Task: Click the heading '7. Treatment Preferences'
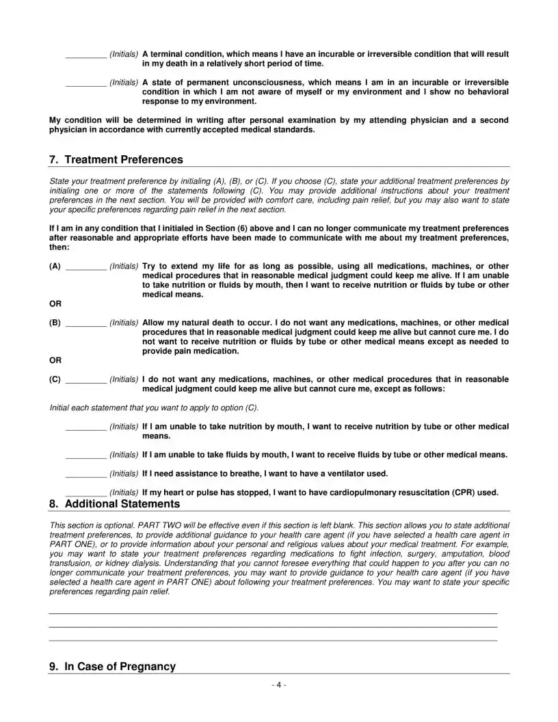coord(116,160)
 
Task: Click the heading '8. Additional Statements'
coord(114,504)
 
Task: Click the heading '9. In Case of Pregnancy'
coord(112,667)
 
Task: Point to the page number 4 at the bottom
coord(279,685)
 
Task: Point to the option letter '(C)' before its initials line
coord(55,379)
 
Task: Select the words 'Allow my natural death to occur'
coord(206,322)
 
